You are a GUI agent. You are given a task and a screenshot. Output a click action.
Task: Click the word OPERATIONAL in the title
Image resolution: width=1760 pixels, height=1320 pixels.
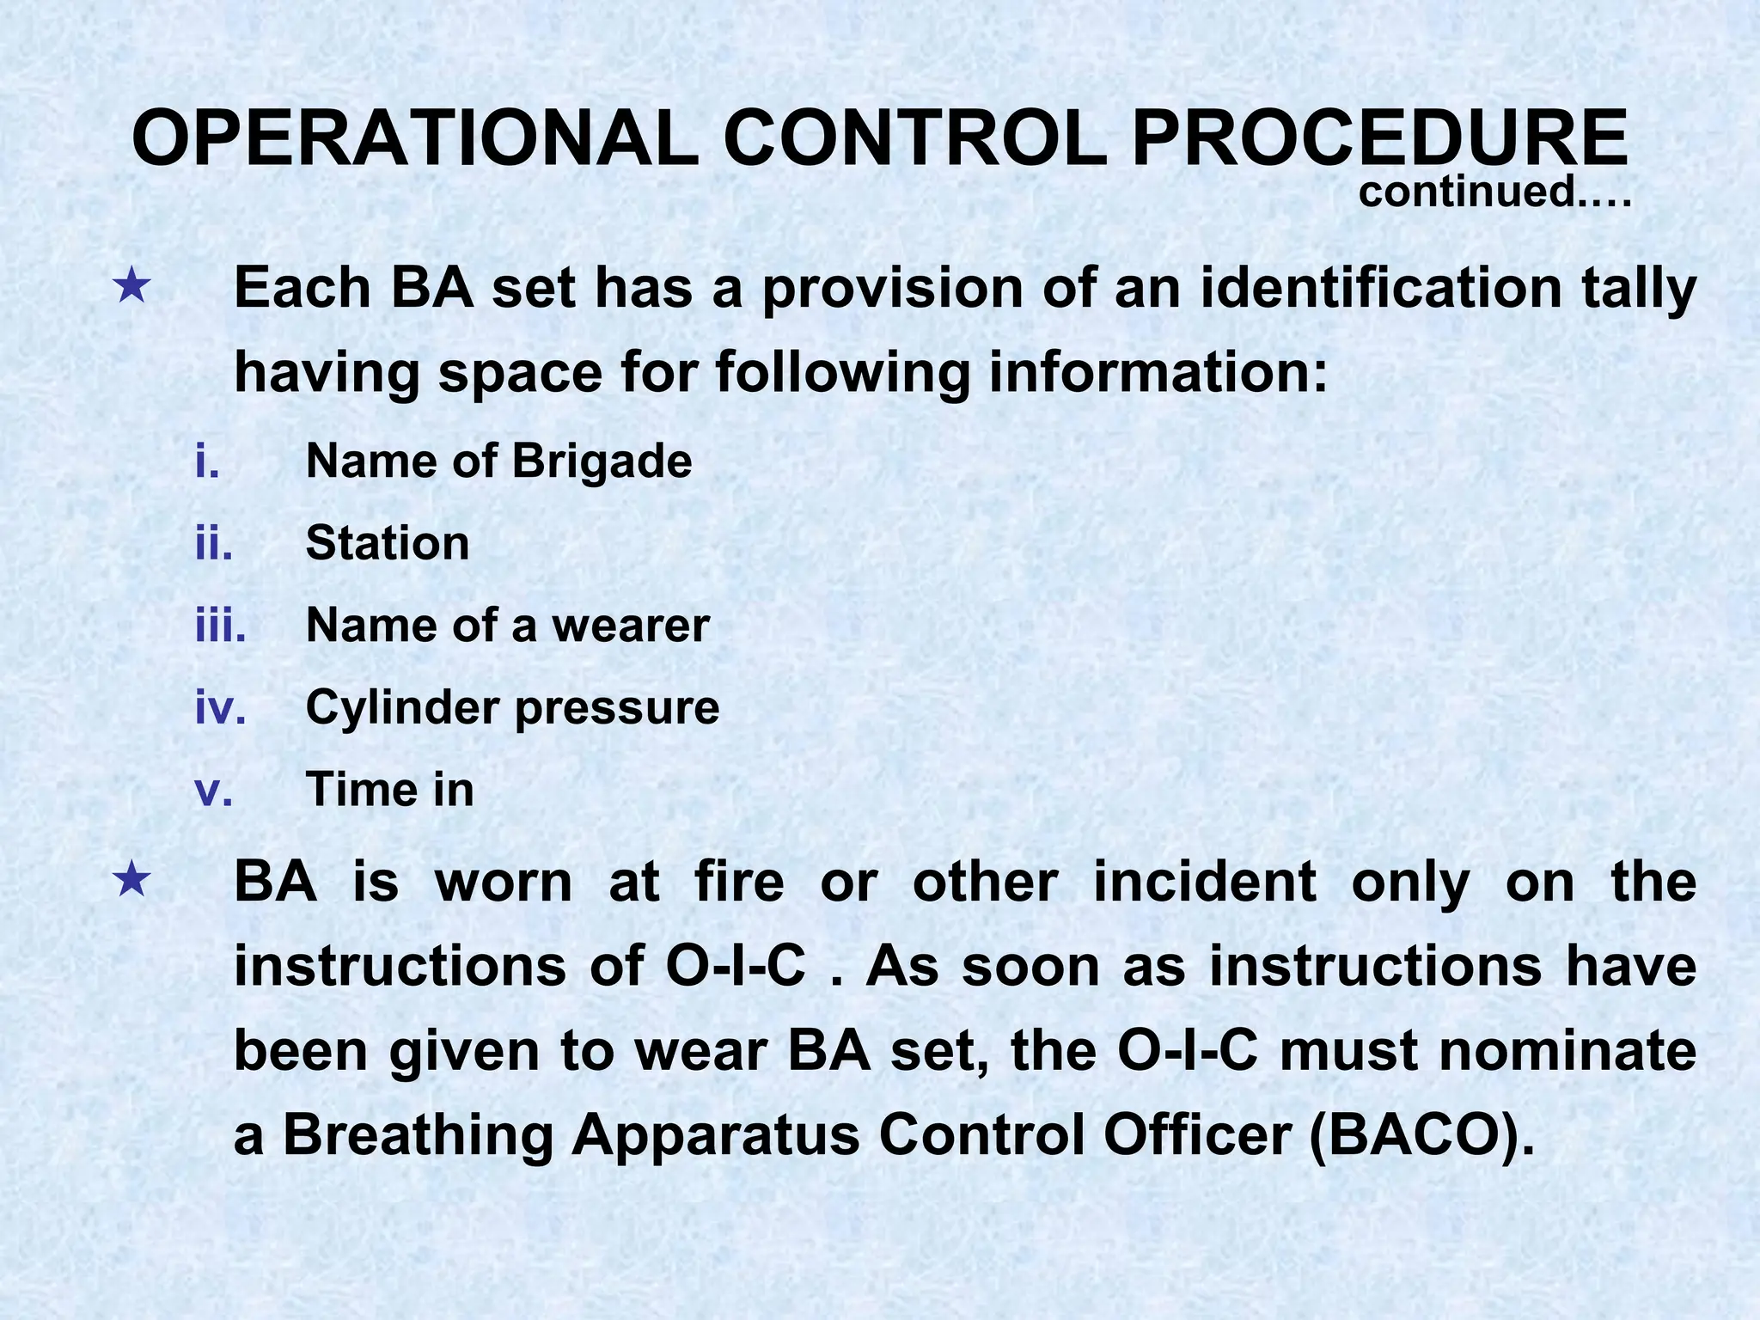click(x=416, y=138)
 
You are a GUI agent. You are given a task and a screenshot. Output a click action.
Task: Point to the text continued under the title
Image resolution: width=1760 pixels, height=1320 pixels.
click(x=1494, y=191)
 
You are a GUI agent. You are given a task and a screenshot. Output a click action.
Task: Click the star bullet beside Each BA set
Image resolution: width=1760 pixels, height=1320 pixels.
click(x=132, y=286)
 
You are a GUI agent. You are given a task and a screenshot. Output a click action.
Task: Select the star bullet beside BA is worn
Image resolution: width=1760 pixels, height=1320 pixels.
click(x=132, y=881)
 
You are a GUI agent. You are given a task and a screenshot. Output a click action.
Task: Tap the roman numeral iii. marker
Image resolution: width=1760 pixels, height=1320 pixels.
click(x=221, y=625)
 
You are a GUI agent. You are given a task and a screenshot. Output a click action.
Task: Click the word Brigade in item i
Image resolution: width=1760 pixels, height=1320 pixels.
click(x=602, y=461)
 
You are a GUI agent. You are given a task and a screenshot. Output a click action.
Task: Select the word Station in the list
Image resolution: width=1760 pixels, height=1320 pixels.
click(x=388, y=543)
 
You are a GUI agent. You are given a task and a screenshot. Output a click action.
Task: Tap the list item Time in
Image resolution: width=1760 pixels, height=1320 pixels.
click(x=389, y=790)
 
